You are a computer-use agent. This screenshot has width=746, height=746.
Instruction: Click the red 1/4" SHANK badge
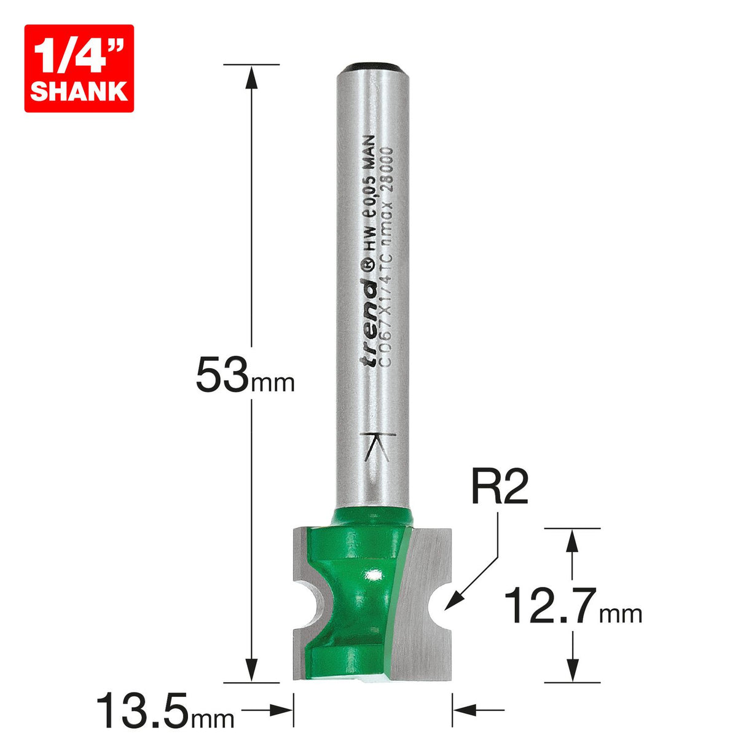pos(79,68)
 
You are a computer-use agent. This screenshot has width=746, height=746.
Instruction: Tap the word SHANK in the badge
pos(79,91)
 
